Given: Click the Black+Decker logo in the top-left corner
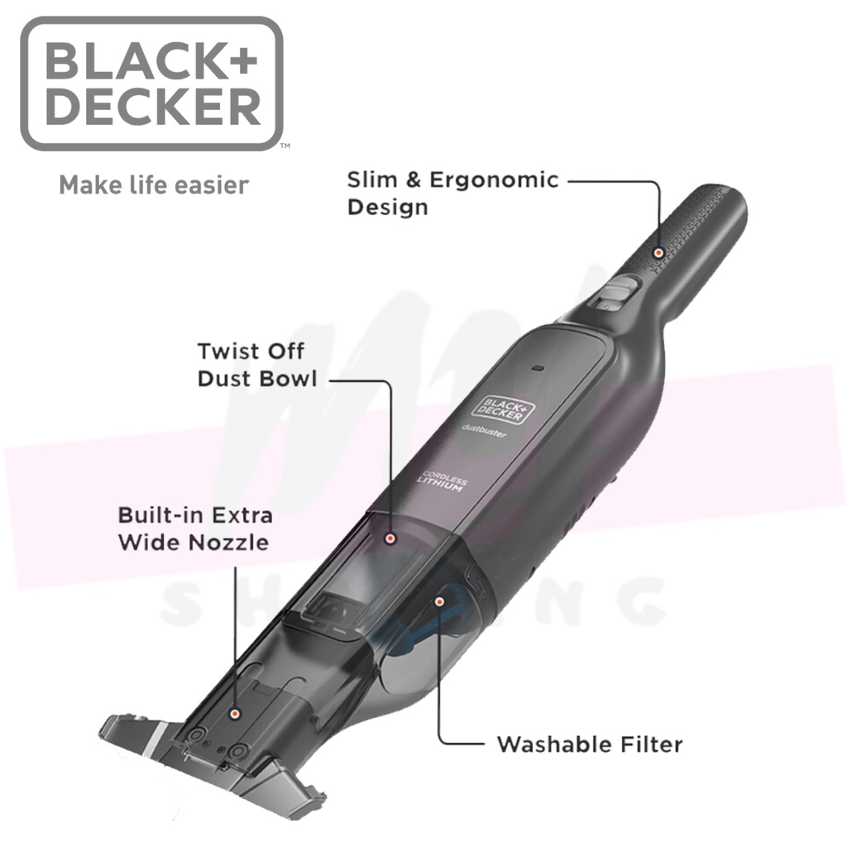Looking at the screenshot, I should coord(151,83).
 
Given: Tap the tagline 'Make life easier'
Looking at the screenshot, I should coord(153,184).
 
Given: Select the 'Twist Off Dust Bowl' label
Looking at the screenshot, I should coord(256,365).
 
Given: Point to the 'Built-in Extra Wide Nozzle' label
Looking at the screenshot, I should coord(194,529).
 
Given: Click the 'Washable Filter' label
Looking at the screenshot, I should coord(589,744).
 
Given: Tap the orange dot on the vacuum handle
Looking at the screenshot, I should coord(658,252).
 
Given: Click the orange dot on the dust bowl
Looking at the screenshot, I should coord(390,538).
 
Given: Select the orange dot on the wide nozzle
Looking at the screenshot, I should coord(236,712).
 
